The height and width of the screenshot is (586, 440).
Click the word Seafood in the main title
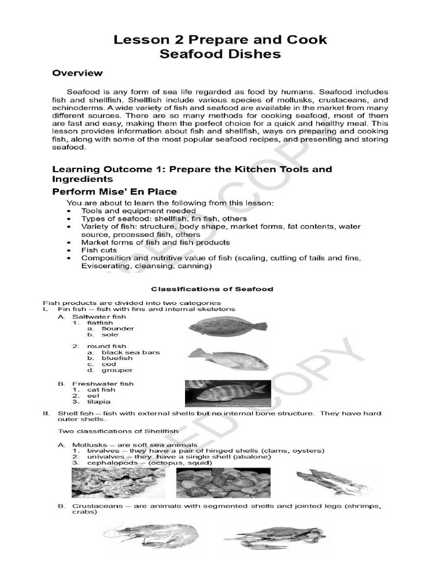point(192,54)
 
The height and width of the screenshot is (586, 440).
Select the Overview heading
point(77,73)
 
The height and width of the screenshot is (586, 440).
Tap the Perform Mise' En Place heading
point(115,192)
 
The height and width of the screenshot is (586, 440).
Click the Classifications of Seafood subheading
point(211,289)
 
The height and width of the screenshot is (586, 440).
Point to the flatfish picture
point(227,326)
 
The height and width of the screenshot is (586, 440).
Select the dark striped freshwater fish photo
point(226,393)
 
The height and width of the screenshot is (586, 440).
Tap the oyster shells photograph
point(118,482)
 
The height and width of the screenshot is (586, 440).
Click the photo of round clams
point(223,482)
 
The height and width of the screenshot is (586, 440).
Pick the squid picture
point(333,482)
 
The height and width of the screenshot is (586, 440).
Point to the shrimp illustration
point(151,536)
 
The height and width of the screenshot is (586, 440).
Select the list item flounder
point(118,328)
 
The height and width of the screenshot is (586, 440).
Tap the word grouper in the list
point(117,370)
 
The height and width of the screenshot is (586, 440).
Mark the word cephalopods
point(108,463)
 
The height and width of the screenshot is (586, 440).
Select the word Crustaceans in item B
point(96,506)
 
